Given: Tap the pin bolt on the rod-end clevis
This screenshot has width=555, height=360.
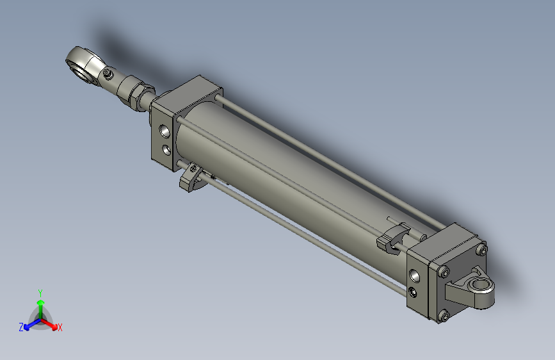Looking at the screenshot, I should [x=108, y=76].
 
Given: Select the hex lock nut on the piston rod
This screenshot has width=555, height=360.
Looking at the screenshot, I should [x=136, y=92].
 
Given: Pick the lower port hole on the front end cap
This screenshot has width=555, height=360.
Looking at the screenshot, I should [x=166, y=150].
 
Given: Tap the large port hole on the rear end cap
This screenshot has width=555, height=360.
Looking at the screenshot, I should [x=417, y=275].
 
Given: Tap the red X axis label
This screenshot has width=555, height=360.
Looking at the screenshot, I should [x=60, y=328].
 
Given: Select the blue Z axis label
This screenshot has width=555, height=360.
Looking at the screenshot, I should [x=21, y=327].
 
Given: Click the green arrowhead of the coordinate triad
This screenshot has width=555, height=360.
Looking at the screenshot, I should [x=40, y=302].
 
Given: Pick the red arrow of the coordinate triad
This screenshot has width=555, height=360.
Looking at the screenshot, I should [x=51, y=323].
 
